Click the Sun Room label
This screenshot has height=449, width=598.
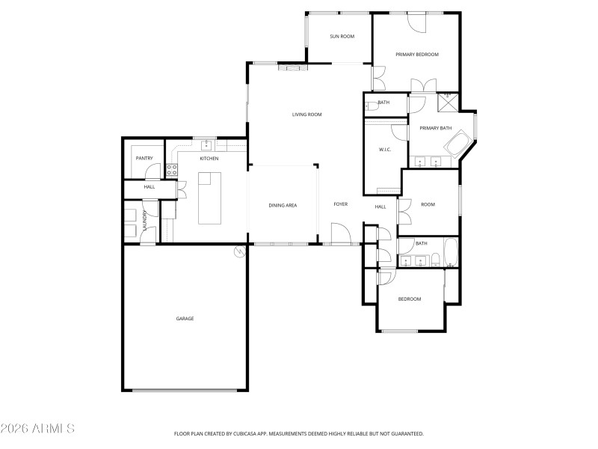342,37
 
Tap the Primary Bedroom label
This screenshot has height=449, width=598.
417,55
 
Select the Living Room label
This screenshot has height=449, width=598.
306,114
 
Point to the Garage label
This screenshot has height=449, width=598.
185,319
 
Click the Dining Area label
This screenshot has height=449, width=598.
283,205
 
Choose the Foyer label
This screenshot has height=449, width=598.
341,204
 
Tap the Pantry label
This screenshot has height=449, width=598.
144,159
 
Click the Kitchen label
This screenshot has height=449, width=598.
209,159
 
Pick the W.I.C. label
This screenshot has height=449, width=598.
385,150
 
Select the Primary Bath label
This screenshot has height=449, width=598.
435,129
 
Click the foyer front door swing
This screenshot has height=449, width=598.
339,233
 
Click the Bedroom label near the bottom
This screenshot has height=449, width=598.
410,299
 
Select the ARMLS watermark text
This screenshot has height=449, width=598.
37,429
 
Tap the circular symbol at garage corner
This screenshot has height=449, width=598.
240,252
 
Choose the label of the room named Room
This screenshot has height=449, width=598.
428,204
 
